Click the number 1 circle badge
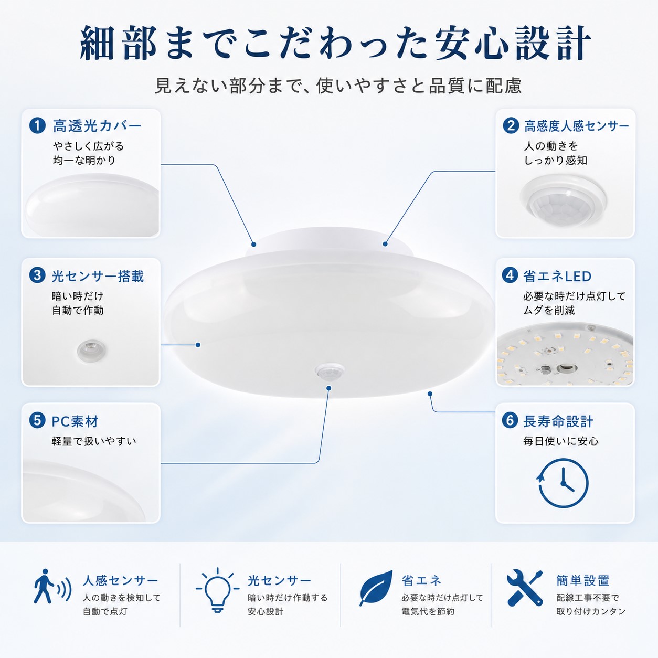[x=38, y=125]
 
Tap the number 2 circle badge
[x=511, y=125]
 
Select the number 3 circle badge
[x=38, y=275]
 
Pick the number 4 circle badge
[x=510, y=275]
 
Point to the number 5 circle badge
[x=38, y=421]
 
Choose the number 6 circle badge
[x=510, y=421]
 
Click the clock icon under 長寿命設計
[x=563, y=483]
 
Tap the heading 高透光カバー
[x=97, y=126]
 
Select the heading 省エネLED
[x=557, y=276]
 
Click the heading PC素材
[x=75, y=422]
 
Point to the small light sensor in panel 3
[x=91, y=351]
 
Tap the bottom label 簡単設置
[x=583, y=580]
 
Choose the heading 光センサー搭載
[x=98, y=276]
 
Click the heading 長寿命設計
[x=558, y=422]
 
